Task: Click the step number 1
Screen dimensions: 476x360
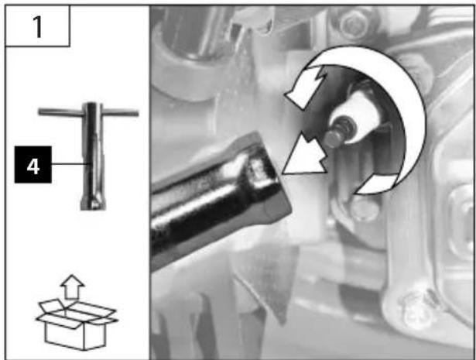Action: coord(38,27)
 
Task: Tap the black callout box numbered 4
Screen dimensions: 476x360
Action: coord(33,165)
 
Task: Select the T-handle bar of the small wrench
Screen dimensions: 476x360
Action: coord(88,112)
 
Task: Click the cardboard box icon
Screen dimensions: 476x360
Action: coord(76,324)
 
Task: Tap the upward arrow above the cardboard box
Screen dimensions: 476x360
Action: coord(72,286)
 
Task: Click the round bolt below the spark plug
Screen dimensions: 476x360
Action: coord(365,209)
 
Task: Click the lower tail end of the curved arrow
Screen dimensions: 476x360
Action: coord(376,184)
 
